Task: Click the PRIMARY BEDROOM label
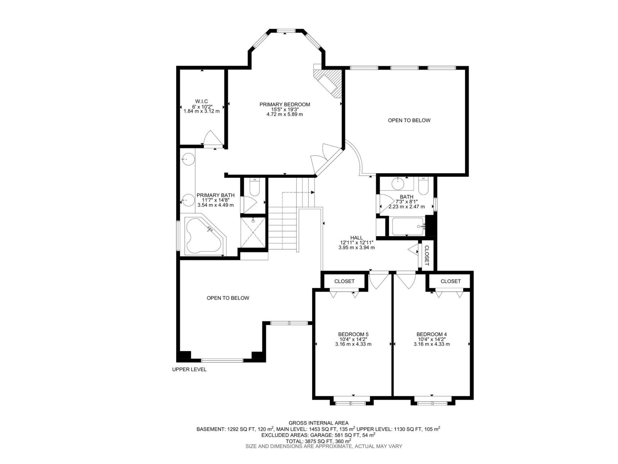point(285,104)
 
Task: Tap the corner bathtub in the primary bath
point(203,236)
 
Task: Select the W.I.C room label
point(201,101)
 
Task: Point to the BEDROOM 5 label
point(353,334)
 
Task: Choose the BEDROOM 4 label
point(431,334)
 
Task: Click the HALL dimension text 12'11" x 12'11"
point(357,243)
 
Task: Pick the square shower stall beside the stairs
point(253,232)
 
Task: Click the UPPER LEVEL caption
point(189,369)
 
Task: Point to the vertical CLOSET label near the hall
point(427,256)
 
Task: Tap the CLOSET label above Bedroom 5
point(344,281)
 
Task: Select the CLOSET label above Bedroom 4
point(450,281)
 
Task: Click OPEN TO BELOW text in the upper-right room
point(409,120)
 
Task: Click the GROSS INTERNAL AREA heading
point(318,423)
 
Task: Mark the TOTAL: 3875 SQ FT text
point(318,440)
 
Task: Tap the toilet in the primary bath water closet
point(255,188)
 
